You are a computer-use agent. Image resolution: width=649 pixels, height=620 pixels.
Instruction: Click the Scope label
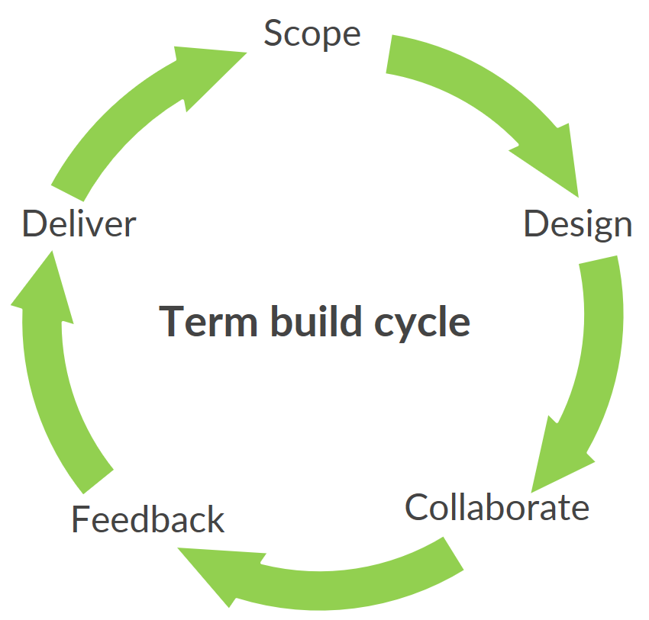tap(312, 34)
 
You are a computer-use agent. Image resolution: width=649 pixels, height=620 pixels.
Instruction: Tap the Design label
tap(577, 224)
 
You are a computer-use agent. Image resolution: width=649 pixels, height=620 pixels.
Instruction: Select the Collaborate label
tap(497, 507)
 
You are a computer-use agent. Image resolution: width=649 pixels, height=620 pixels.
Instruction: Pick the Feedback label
tap(147, 520)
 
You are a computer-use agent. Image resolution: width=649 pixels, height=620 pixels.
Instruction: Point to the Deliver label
tap(79, 225)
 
